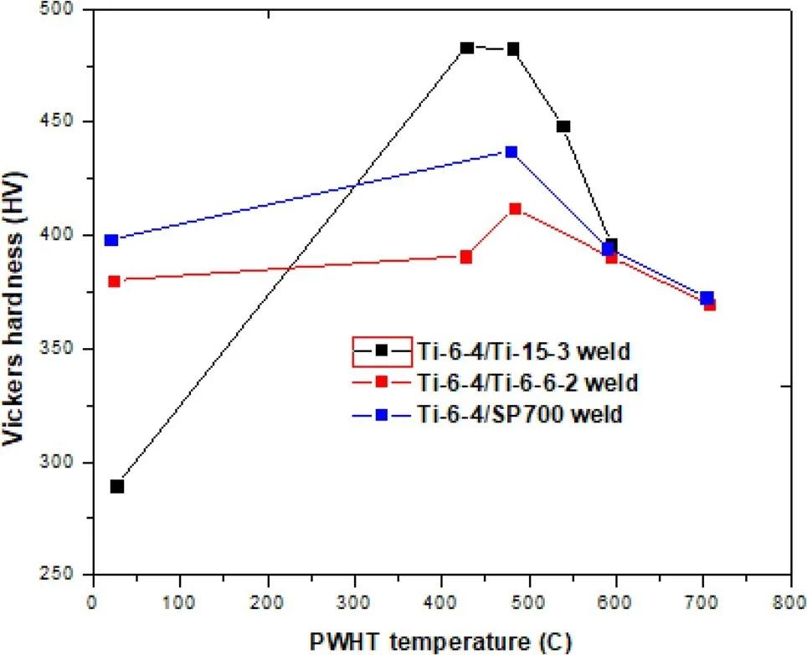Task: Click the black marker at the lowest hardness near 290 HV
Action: (117, 486)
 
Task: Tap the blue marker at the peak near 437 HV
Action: (511, 152)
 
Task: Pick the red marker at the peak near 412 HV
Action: (516, 209)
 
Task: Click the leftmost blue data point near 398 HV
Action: (111, 240)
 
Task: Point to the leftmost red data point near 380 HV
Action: (115, 281)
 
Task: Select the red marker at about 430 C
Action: (466, 257)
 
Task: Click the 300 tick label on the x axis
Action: (355, 601)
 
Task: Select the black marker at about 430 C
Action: (467, 49)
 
